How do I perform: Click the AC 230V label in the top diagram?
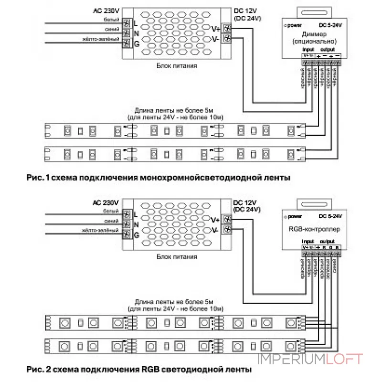(108, 11)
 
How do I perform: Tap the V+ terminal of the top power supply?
(227, 28)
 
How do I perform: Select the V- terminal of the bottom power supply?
(227, 230)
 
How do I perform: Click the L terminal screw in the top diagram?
(127, 22)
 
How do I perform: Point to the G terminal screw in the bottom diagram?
(127, 234)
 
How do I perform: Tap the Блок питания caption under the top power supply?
(177, 66)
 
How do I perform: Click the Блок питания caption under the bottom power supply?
(177, 256)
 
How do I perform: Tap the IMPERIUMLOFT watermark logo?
(310, 359)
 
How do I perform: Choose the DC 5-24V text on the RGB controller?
(329, 216)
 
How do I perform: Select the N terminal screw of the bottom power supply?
(127, 224)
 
